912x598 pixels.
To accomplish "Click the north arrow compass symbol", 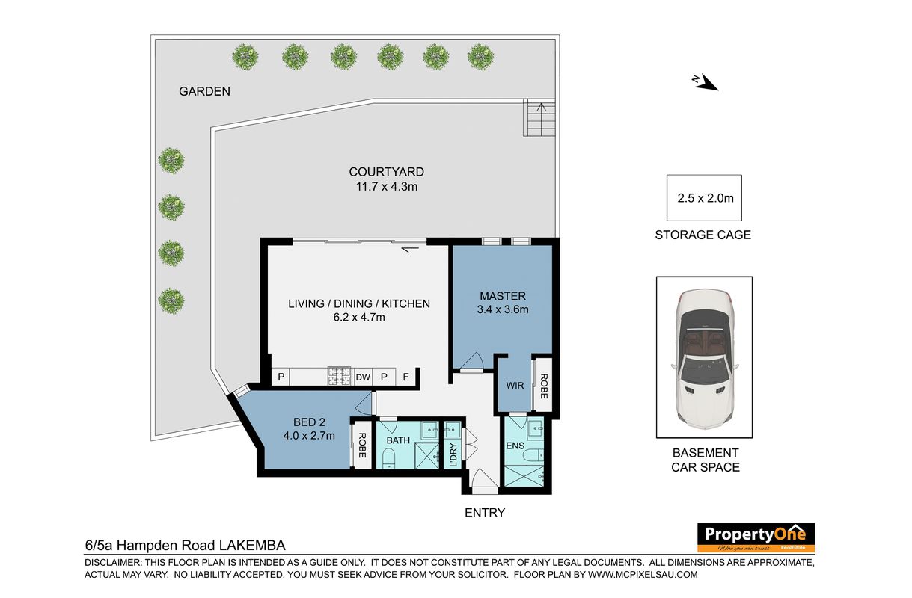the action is (706, 82).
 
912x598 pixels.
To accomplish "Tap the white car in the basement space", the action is (704, 358).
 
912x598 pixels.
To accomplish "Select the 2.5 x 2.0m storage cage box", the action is (704, 198).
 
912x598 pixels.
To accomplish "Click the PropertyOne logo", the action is (756, 537).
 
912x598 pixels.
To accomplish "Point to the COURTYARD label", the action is (386, 172).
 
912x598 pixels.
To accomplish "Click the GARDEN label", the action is (204, 91).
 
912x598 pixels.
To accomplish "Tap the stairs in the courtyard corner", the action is (539, 118).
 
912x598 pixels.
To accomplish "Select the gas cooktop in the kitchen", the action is (340, 376).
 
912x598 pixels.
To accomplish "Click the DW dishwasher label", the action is (363, 377).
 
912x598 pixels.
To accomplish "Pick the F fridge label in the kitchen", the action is (405, 377).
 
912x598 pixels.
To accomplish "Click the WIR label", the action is (515, 385).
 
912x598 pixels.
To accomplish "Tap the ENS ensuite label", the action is (515, 446).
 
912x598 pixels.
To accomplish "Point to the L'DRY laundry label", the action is (454, 454).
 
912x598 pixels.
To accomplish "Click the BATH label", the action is (398, 440).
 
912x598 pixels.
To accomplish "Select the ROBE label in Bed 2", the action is (362, 446).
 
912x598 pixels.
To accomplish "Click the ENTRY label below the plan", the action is (485, 513).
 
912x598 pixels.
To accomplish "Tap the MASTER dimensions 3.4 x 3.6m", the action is (503, 309).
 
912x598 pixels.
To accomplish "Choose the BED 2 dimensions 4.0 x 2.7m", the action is (309, 436).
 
